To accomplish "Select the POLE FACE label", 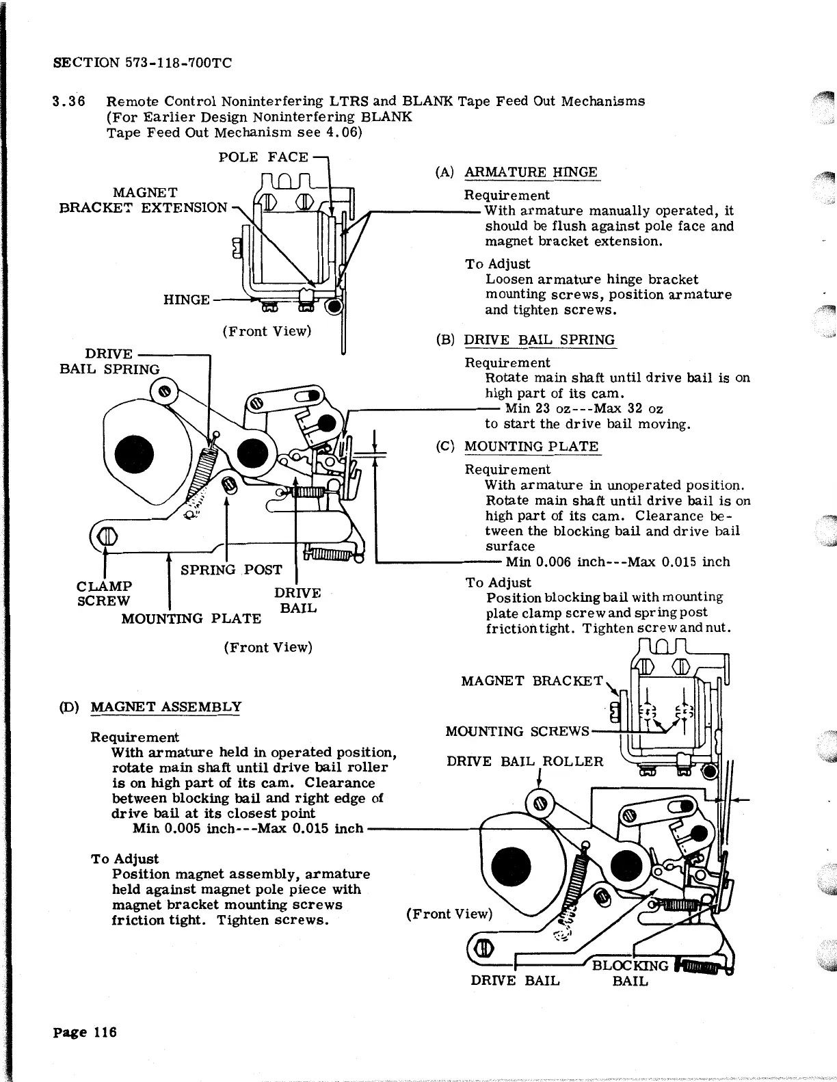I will point(263,157).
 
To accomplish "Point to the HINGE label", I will point(186,300).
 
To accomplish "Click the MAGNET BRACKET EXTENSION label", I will point(144,200).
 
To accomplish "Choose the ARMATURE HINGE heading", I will point(531,172).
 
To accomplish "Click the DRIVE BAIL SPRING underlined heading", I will point(540,340).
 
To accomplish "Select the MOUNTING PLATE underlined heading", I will point(531,447).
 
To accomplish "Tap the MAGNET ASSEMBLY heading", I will point(166,707).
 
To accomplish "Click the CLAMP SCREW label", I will point(104,594).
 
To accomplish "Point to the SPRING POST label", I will point(231,570).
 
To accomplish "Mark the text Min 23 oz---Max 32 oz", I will point(584,409).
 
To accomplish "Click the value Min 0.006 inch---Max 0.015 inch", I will point(617,562).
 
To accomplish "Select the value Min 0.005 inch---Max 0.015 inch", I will point(248,829).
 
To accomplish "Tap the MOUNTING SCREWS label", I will point(517,731).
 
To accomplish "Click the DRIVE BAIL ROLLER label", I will point(525,761).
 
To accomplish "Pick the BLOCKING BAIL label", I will point(630,973).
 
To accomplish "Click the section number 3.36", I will point(69,101).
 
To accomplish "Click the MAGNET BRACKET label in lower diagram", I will point(532,681).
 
